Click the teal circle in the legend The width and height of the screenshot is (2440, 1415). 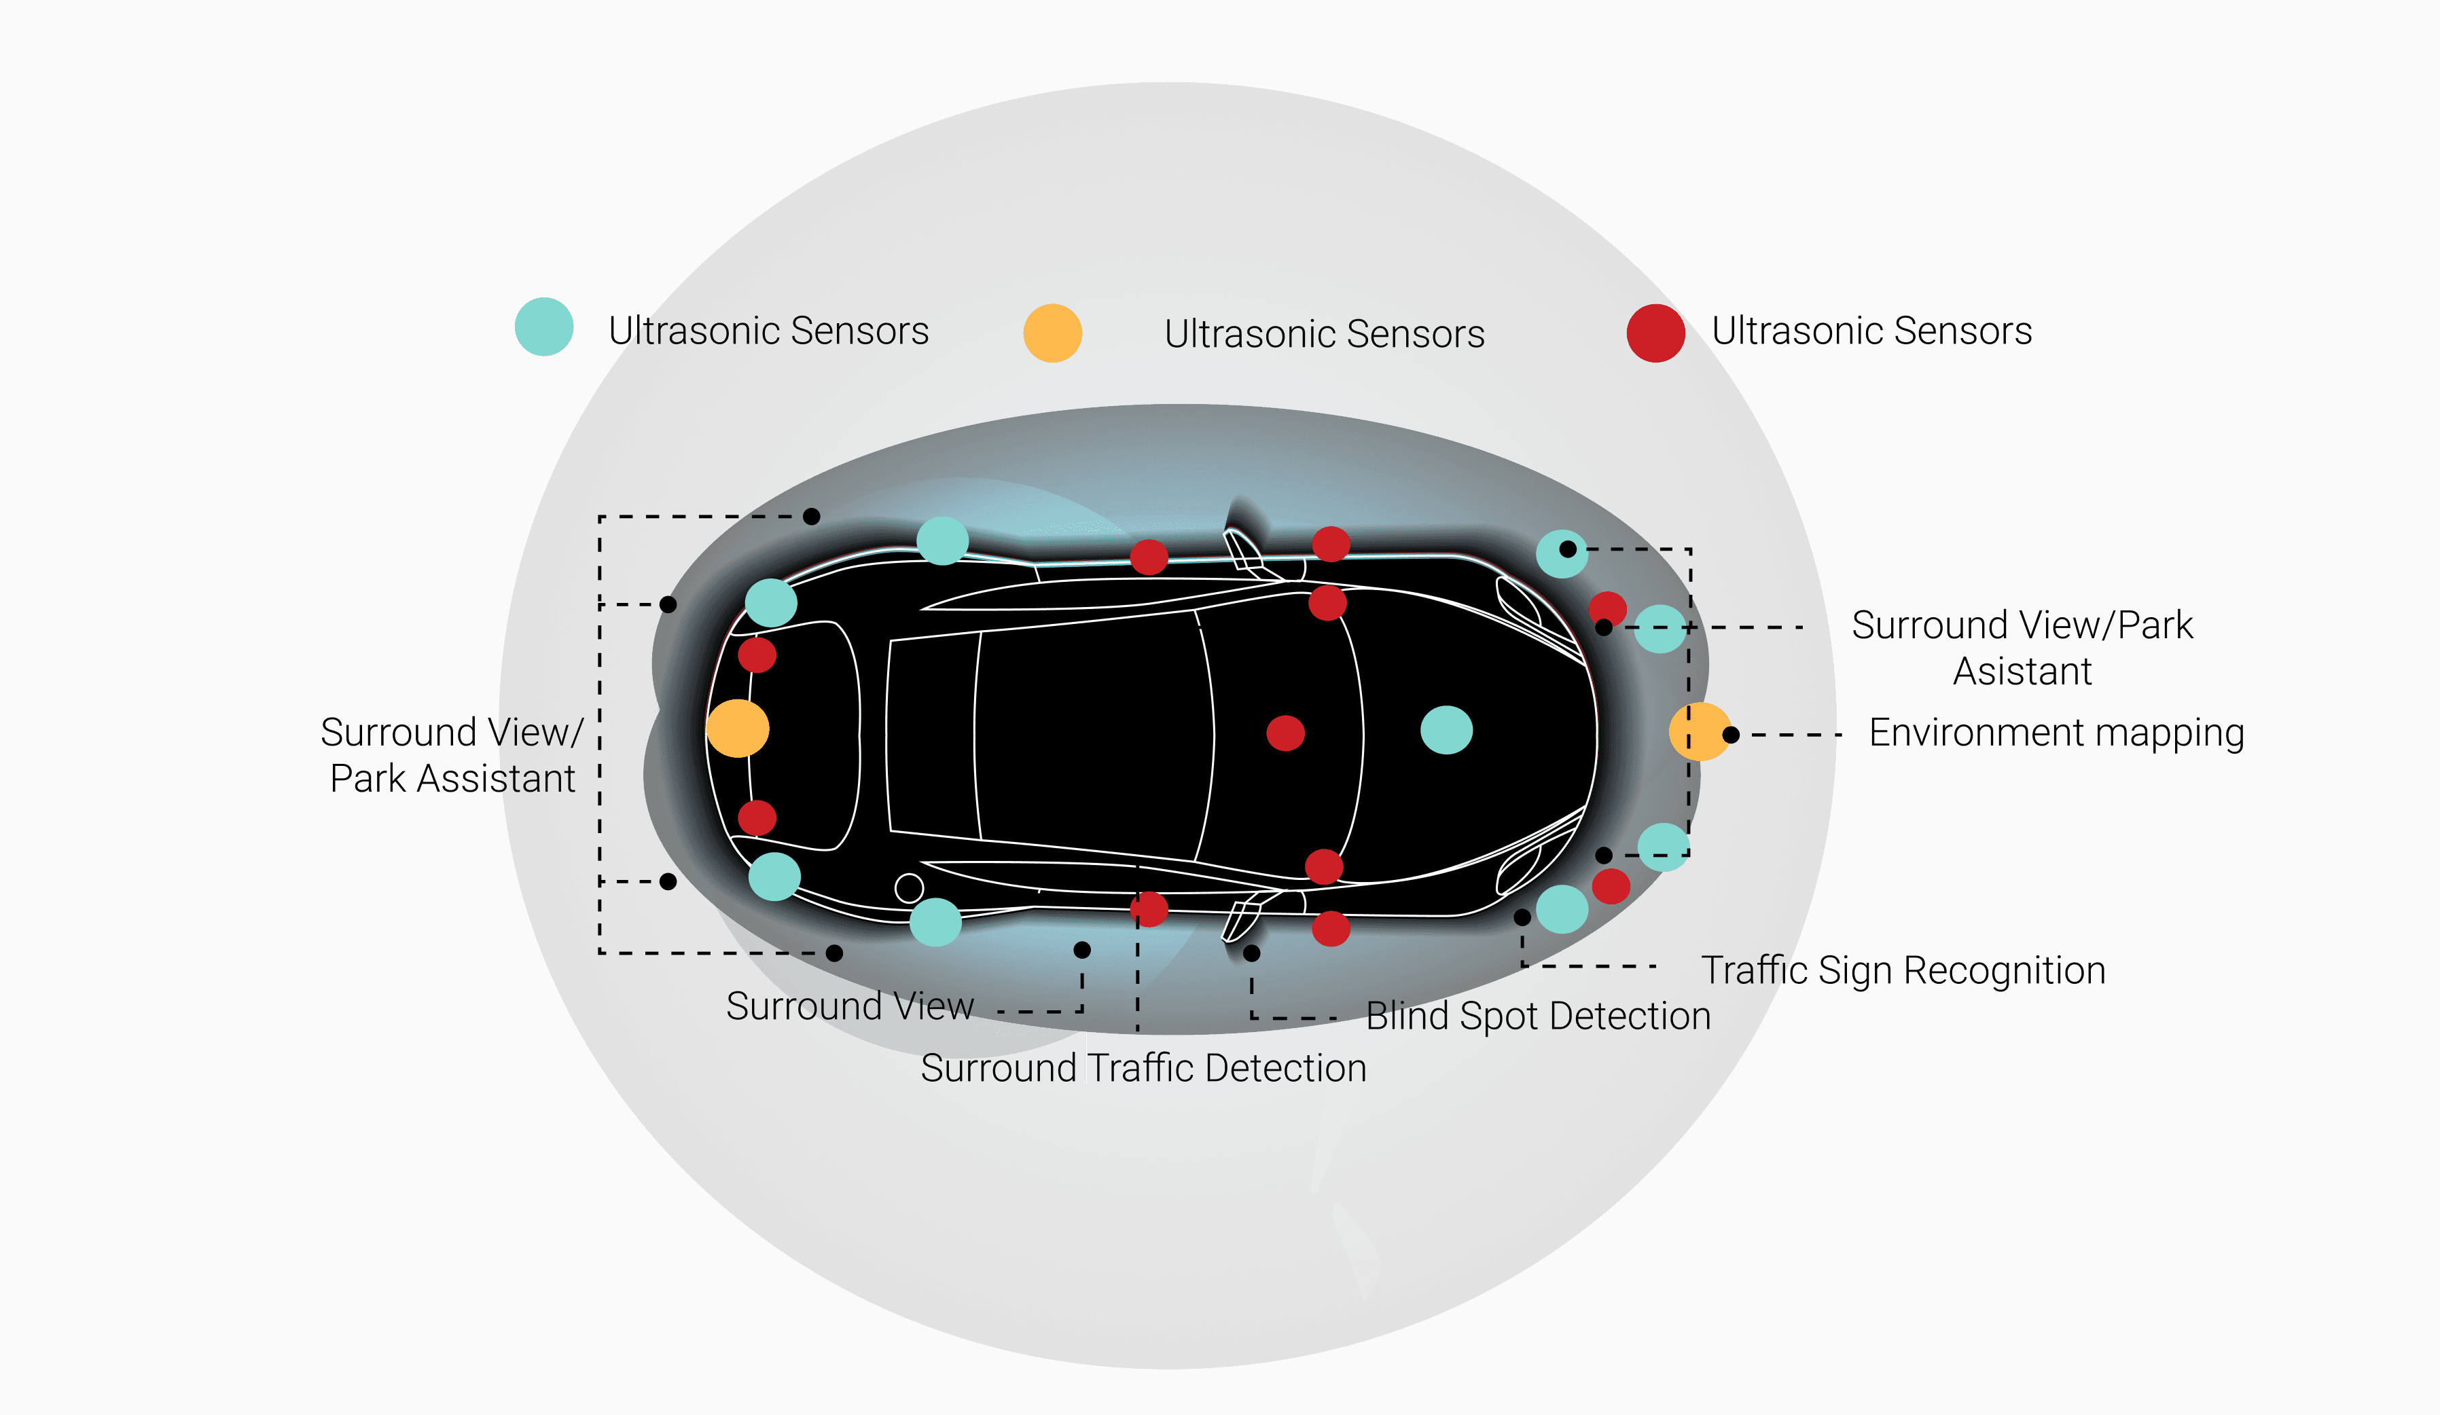click(544, 327)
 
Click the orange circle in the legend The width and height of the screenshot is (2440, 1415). click(1052, 333)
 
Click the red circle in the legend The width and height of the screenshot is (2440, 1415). click(1655, 333)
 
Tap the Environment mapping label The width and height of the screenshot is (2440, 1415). click(2056, 733)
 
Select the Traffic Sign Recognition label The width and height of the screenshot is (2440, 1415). click(1903, 970)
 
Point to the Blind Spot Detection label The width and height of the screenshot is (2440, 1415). click(1538, 1016)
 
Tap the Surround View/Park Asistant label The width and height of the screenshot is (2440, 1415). click(2022, 648)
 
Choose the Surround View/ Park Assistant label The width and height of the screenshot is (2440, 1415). click(452, 755)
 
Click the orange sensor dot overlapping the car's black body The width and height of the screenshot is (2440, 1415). click(738, 728)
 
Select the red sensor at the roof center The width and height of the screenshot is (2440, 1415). click(1286, 733)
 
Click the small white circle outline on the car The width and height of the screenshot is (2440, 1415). click(909, 887)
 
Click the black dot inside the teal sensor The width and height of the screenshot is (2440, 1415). click(1568, 549)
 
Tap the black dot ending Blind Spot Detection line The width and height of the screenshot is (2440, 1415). click(1252, 953)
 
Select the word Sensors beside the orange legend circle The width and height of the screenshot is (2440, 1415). click(1416, 334)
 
